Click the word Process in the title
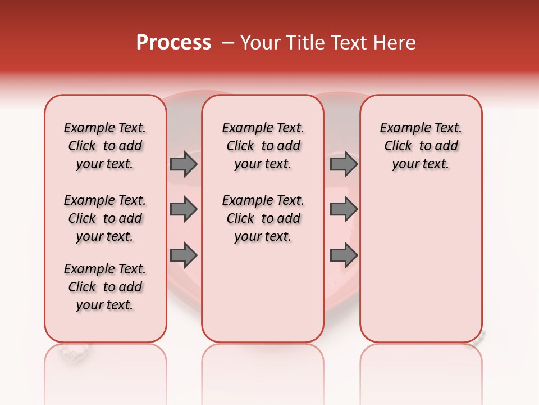pos(173,43)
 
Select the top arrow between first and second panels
pos(184,164)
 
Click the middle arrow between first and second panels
pos(184,210)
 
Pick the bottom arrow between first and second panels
pos(184,255)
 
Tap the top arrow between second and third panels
pos(344,164)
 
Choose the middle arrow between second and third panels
pos(344,210)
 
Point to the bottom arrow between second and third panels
pos(344,255)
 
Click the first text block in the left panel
pos(105,146)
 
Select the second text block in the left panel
pos(105,218)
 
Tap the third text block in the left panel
pos(105,287)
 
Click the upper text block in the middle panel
pos(263,146)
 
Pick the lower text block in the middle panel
pos(263,218)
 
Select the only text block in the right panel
pos(421,146)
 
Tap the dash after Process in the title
pos(228,43)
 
